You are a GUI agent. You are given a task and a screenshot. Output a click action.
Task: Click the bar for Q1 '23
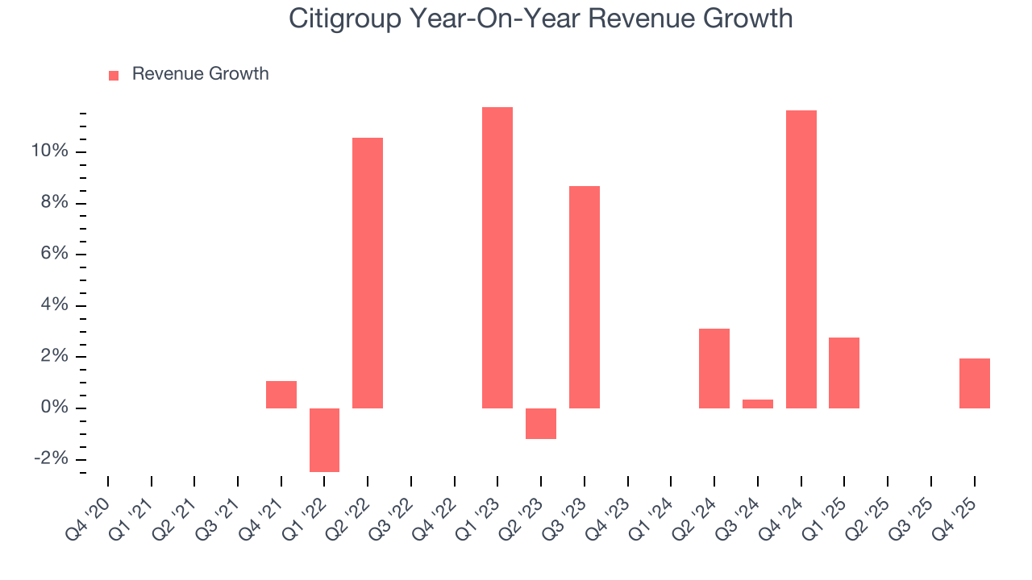[497, 258]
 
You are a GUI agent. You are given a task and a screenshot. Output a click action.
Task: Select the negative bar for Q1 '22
[324, 440]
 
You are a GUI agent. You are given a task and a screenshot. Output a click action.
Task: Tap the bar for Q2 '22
[368, 273]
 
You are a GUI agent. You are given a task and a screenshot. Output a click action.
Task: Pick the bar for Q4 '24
[801, 259]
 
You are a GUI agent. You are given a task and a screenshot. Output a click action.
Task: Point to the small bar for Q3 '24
[758, 404]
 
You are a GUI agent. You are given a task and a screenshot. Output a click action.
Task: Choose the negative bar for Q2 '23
[541, 424]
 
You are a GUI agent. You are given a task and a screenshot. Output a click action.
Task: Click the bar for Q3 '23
[585, 297]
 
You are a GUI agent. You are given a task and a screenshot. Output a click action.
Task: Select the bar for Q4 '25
[975, 383]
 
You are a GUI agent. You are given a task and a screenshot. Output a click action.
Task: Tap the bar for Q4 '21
[281, 395]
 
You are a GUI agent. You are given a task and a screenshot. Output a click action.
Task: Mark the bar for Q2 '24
[714, 368]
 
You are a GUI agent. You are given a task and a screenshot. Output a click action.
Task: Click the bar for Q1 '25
[844, 373]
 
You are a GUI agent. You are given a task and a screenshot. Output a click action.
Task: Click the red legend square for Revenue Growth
[114, 75]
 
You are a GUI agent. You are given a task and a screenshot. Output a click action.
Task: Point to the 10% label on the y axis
[49, 151]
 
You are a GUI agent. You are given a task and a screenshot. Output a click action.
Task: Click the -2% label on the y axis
[50, 459]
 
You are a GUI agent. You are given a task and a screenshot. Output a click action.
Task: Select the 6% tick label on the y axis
[53, 255]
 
